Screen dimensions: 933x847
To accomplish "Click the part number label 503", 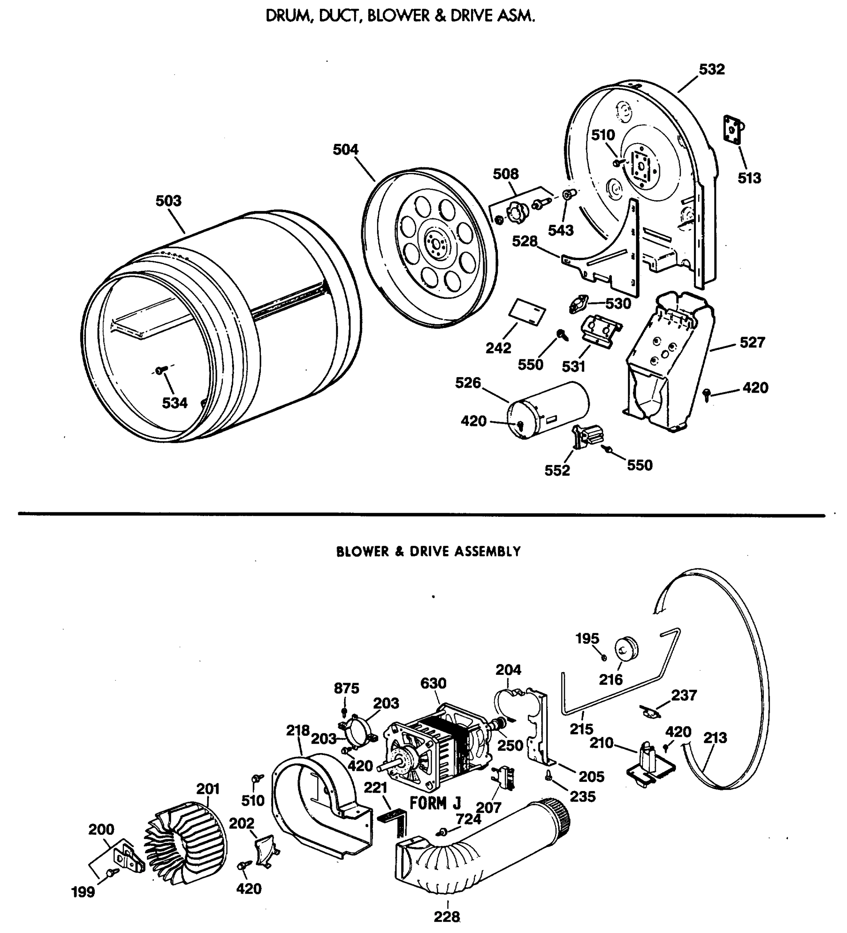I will [x=168, y=201].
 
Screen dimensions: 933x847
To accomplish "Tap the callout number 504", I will [x=346, y=150].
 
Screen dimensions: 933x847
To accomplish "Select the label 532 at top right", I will [x=711, y=70].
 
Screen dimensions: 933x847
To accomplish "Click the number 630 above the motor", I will [x=433, y=683].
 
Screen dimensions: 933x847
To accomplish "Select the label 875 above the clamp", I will [x=347, y=688].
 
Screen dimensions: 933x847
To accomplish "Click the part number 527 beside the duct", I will [x=752, y=342].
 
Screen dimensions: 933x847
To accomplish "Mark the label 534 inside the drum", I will [x=175, y=403].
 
